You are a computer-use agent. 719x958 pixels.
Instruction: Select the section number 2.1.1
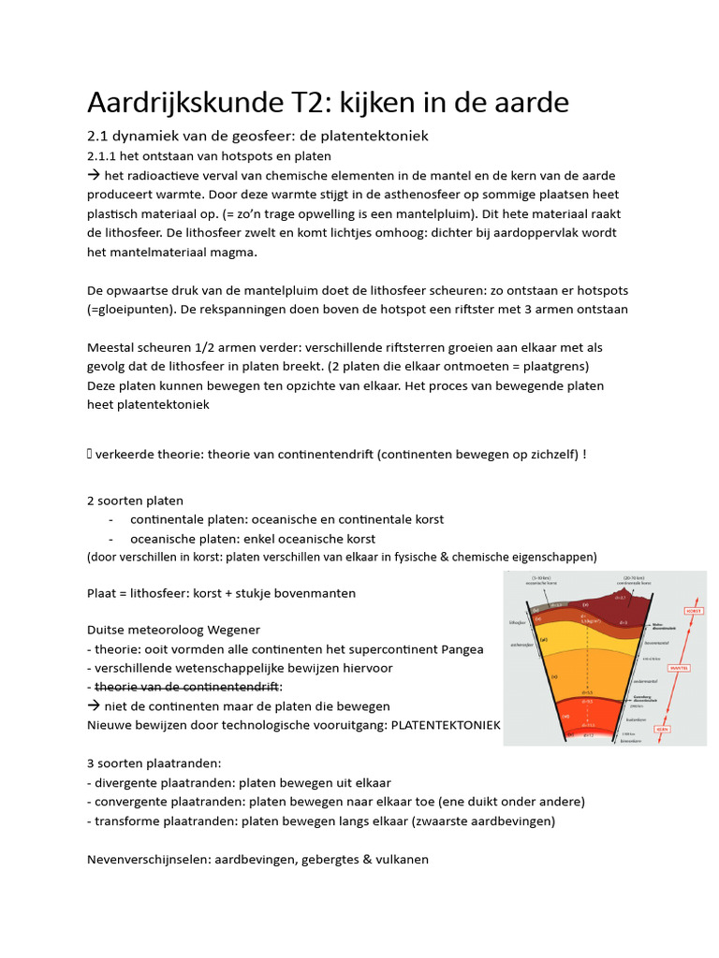[x=106, y=155]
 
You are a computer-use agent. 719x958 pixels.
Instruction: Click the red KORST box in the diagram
[x=695, y=610]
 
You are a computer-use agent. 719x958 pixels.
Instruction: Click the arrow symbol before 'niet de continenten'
[x=93, y=705]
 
